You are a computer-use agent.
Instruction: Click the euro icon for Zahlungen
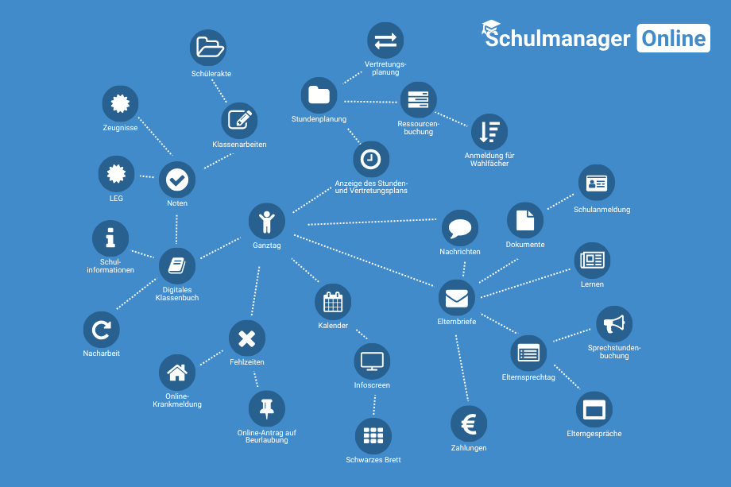(x=469, y=424)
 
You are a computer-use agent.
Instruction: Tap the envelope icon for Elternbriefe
(x=456, y=298)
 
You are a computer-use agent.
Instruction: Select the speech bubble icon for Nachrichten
(x=460, y=228)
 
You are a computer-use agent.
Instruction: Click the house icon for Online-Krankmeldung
(x=177, y=373)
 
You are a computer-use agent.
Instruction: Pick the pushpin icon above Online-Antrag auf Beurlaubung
(x=267, y=408)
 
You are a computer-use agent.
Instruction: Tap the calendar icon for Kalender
(x=333, y=302)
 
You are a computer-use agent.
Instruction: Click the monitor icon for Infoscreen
(x=372, y=361)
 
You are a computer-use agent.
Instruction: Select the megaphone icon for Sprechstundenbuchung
(x=614, y=324)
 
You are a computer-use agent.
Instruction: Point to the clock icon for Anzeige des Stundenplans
(x=371, y=160)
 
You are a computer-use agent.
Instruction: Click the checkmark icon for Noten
(x=177, y=180)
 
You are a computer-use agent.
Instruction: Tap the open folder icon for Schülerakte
(x=208, y=48)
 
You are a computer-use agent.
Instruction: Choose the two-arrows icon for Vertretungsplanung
(x=385, y=41)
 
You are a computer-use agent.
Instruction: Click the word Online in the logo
(x=673, y=38)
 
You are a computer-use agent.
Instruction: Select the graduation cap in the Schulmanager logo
(x=491, y=28)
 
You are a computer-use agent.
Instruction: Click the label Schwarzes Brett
(x=373, y=460)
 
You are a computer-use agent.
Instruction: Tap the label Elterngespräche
(x=594, y=434)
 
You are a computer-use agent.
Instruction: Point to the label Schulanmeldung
(x=601, y=210)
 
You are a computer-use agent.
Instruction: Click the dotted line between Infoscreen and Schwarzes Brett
(x=374, y=404)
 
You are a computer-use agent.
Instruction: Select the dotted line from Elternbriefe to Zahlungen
(x=462, y=368)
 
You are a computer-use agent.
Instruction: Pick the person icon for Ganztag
(x=267, y=222)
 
